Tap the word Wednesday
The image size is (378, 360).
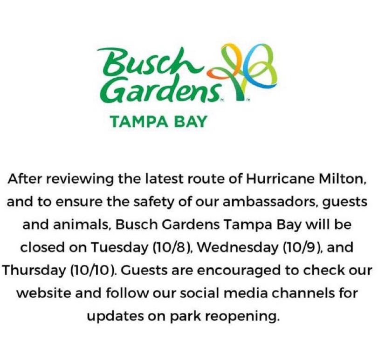click(237, 247)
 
